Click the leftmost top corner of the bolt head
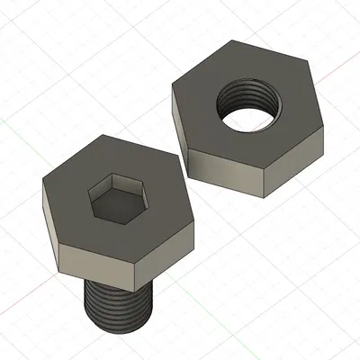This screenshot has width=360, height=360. click(x=42, y=185)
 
